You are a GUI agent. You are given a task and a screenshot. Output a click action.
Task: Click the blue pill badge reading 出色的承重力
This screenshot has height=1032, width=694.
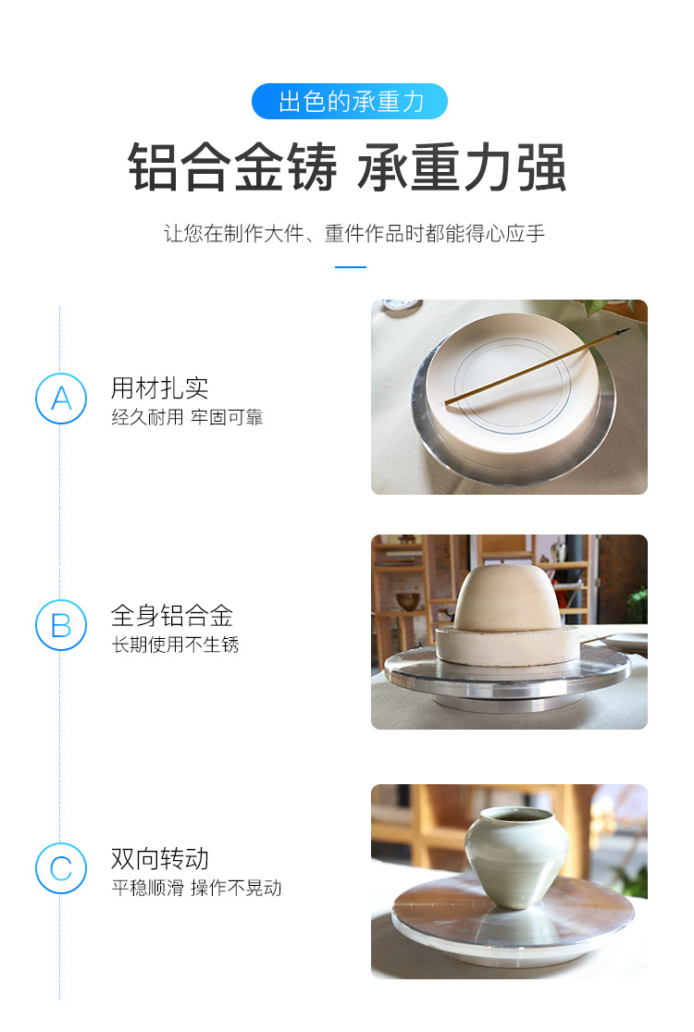(x=350, y=102)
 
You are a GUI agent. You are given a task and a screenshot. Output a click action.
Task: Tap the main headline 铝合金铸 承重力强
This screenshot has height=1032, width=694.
(x=347, y=167)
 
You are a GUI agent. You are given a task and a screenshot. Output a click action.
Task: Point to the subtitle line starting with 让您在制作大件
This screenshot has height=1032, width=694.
(x=354, y=234)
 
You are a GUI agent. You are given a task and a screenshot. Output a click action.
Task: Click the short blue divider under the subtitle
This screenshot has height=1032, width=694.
(x=351, y=267)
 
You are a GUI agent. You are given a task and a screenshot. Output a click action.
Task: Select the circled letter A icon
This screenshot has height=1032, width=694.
(x=61, y=399)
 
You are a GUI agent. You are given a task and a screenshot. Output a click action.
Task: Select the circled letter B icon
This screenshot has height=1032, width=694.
(x=61, y=625)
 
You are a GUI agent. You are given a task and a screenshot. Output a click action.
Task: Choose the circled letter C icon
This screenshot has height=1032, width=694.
(x=61, y=868)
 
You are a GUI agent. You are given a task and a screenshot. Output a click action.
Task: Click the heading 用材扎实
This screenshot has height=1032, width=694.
(x=159, y=388)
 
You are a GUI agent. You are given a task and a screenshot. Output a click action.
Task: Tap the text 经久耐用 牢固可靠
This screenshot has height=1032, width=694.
(x=187, y=417)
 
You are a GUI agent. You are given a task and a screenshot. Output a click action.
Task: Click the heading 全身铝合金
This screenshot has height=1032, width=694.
(x=172, y=616)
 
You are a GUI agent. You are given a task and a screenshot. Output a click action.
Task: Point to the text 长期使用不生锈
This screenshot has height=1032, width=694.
(x=175, y=645)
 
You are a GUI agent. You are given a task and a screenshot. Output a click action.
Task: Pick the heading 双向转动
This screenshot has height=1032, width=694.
(x=159, y=859)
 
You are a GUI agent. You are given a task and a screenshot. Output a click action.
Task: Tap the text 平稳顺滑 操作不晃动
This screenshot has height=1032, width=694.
(x=196, y=888)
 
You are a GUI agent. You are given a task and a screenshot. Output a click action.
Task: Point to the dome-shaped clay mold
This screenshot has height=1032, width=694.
(x=508, y=599)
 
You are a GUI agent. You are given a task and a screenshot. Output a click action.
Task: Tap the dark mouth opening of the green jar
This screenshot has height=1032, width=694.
(x=516, y=816)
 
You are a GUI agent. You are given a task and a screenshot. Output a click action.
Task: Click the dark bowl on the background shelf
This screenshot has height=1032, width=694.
(x=410, y=601)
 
